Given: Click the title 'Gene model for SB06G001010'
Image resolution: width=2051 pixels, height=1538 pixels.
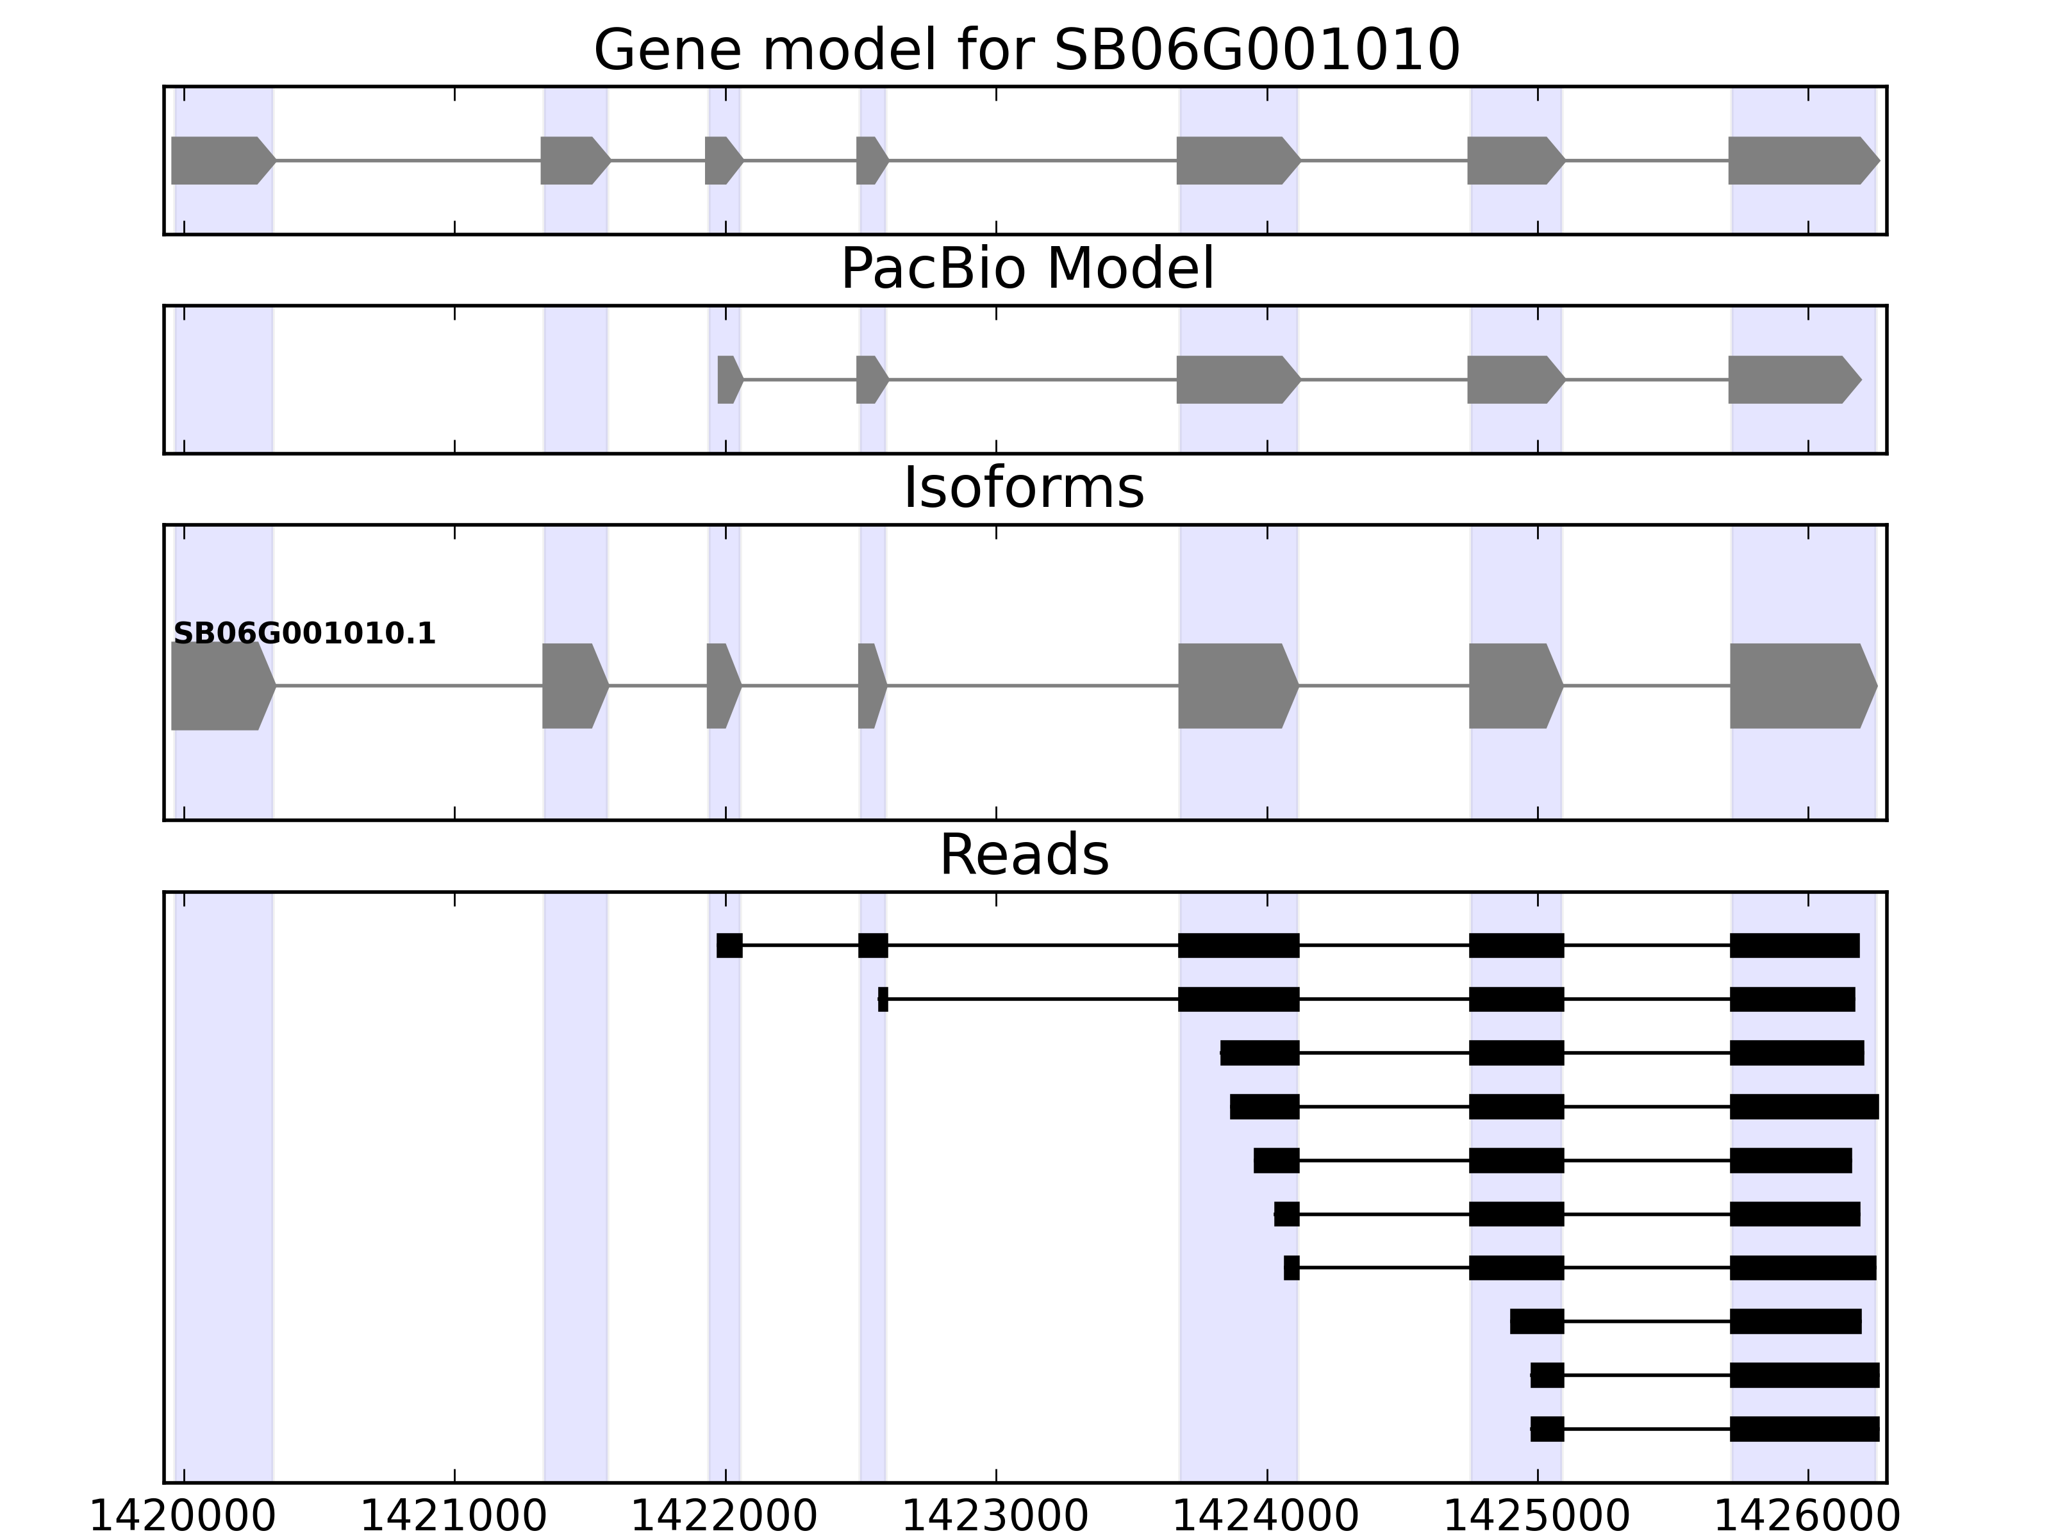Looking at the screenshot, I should [1026, 51].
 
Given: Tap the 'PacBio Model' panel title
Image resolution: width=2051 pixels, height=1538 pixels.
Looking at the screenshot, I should [1026, 270].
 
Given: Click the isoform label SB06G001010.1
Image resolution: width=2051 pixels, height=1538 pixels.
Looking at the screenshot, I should [304, 634].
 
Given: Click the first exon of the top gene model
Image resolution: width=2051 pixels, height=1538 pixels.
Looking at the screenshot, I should [220, 160].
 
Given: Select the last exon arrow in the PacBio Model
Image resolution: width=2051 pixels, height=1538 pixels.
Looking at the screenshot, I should [1791, 379].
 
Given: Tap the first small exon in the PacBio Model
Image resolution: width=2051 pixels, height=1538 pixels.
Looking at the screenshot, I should [729, 379].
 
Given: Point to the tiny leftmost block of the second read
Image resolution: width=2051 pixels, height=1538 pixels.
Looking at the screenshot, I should [883, 999].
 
